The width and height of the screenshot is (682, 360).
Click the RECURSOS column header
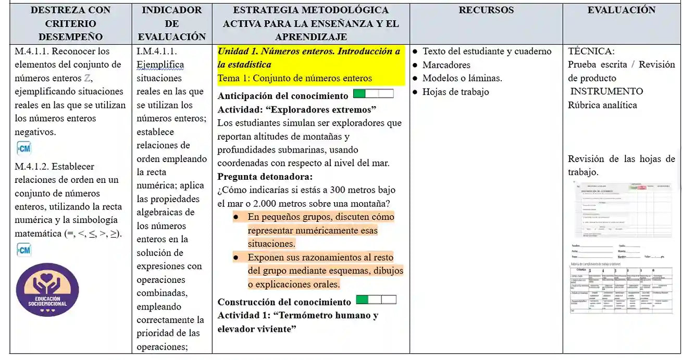[x=486, y=10]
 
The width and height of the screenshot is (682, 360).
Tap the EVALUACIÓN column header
[x=622, y=10]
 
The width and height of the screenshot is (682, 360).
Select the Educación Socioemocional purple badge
[x=47, y=290]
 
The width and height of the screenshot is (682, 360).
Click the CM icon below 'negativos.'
[x=23, y=148]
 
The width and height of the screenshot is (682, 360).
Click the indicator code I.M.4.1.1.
[x=157, y=51]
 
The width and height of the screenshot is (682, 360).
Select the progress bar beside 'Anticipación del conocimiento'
[x=373, y=94]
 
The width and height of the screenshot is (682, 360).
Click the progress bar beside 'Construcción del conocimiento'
[x=376, y=300]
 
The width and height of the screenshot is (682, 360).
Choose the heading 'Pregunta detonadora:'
[x=265, y=176]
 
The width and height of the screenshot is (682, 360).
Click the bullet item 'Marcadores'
[x=446, y=65]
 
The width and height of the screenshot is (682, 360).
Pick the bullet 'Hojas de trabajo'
[x=455, y=92]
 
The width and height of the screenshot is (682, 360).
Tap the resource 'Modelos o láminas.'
[x=462, y=79]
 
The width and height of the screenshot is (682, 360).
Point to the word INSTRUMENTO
[x=606, y=92]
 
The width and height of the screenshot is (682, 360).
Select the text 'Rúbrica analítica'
[x=602, y=105]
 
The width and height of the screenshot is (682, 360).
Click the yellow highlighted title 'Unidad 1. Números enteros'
[x=308, y=52]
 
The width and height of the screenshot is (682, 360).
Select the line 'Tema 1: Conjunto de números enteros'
[x=294, y=78]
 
